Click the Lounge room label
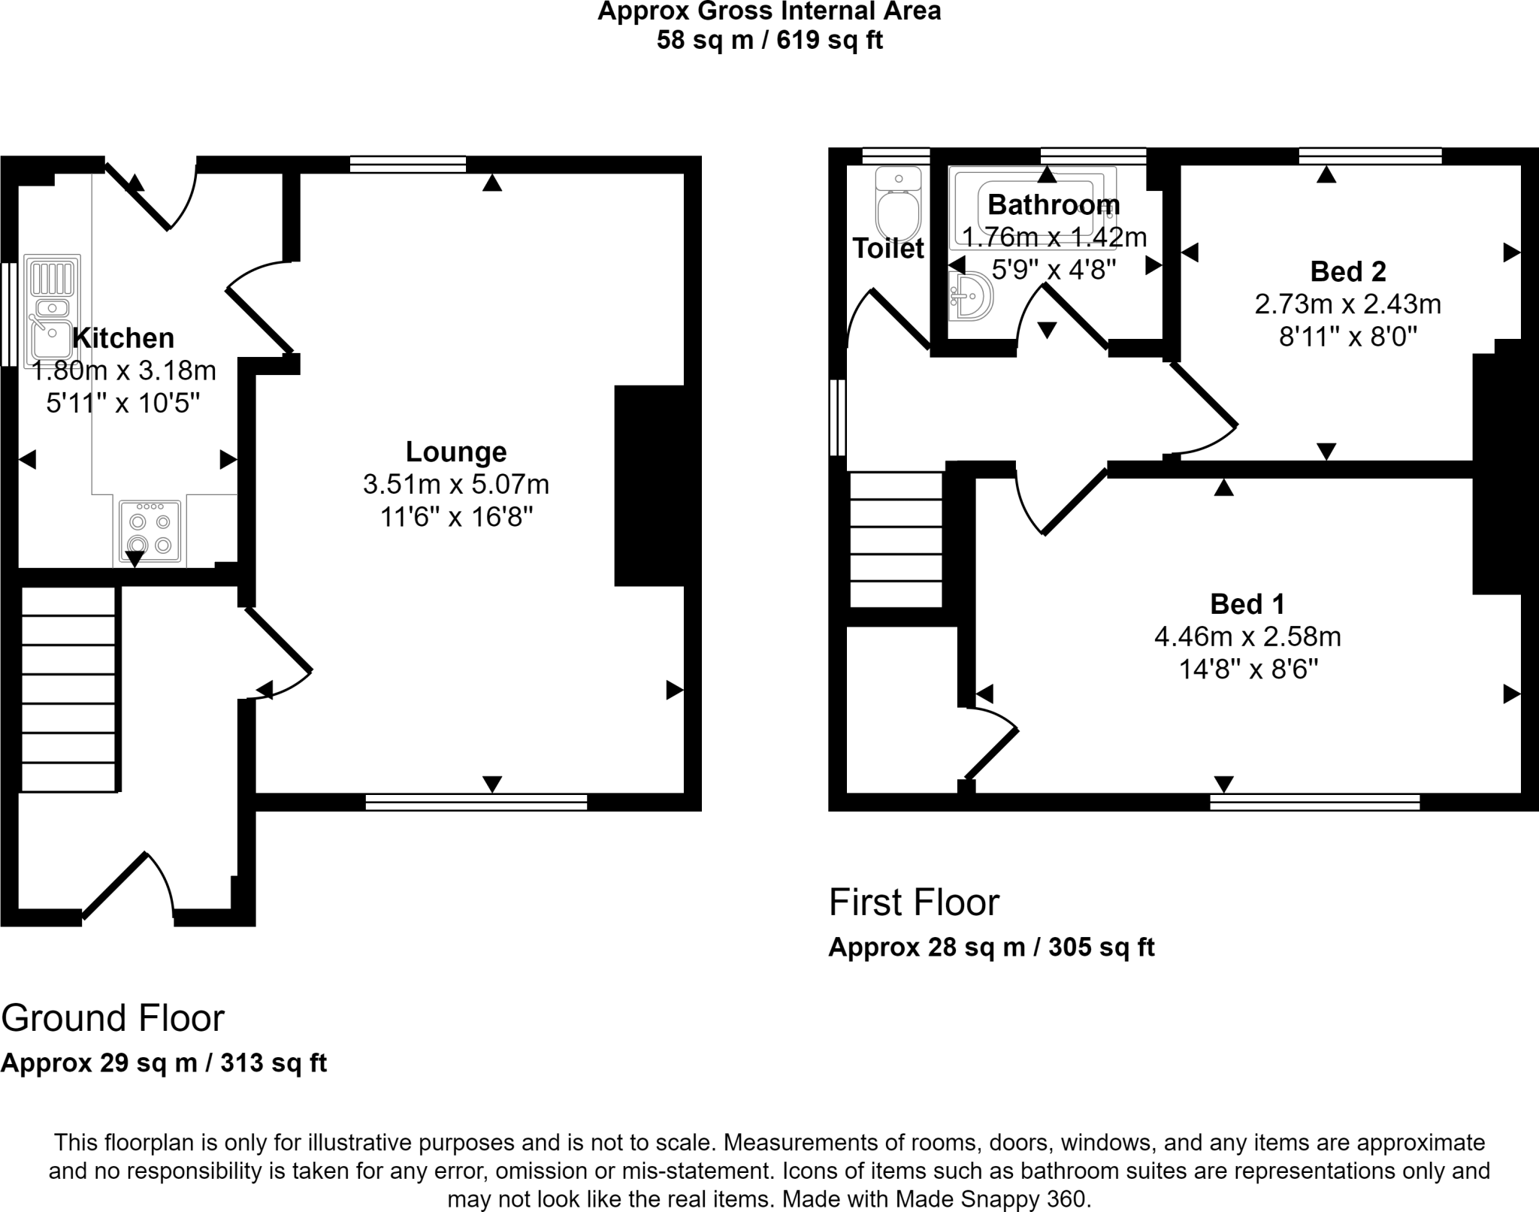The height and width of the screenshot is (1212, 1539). pos(456,452)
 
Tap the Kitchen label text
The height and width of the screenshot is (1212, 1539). pos(123,338)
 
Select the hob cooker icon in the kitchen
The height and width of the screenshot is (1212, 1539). pos(150,532)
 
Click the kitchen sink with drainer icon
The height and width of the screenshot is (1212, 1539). pos(52,307)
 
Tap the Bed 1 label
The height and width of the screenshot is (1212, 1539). pos(1247,604)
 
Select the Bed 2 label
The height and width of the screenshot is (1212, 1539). pos(1347,271)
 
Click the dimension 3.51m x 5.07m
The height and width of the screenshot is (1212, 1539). pos(456,485)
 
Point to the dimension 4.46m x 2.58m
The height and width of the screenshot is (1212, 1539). pos(1247,637)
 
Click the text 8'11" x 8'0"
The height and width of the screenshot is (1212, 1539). pos(1347,337)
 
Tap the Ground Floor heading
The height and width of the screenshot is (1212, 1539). pos(113,1019)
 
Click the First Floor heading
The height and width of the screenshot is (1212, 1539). pos(914,902)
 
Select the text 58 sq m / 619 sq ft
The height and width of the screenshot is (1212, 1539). pos(769,40)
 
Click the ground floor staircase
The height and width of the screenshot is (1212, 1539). pos(68,689)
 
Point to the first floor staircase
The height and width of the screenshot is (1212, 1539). pos(896,539)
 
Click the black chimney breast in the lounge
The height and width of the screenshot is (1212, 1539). pos(649,485)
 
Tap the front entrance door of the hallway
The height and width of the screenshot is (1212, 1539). pos(128,887)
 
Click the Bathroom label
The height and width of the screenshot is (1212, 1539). pos(1054,204)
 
